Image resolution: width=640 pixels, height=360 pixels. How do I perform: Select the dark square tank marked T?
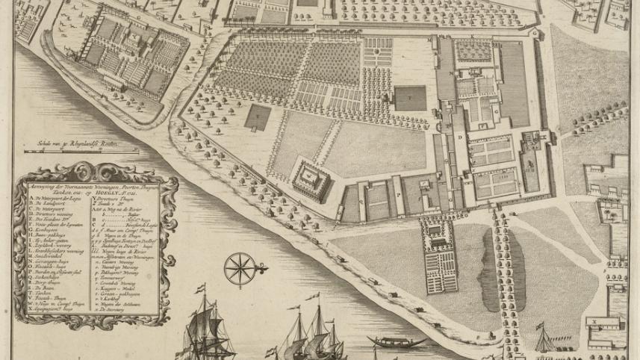click(x=410, y=98)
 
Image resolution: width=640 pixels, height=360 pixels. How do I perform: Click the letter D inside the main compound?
click(x=460, y=137)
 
